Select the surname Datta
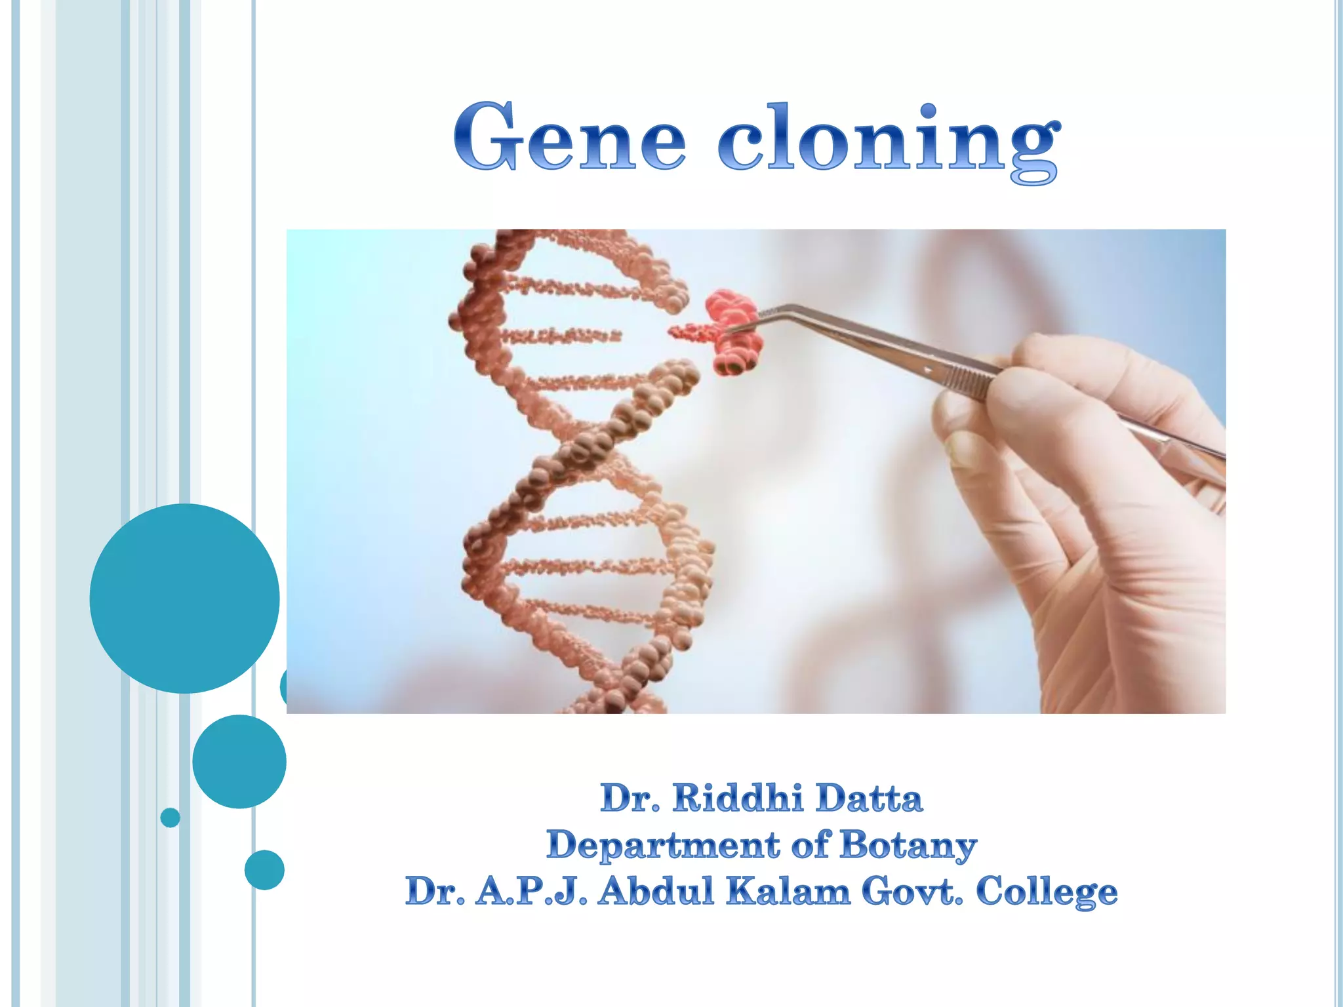point(869,799)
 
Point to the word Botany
point(908,845)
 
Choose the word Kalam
point(788,892)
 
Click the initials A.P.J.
point(531,892)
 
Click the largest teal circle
point(184,598)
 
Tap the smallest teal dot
point(170,818)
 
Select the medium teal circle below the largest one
point(239,761)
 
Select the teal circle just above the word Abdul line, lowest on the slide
point(264,869)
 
